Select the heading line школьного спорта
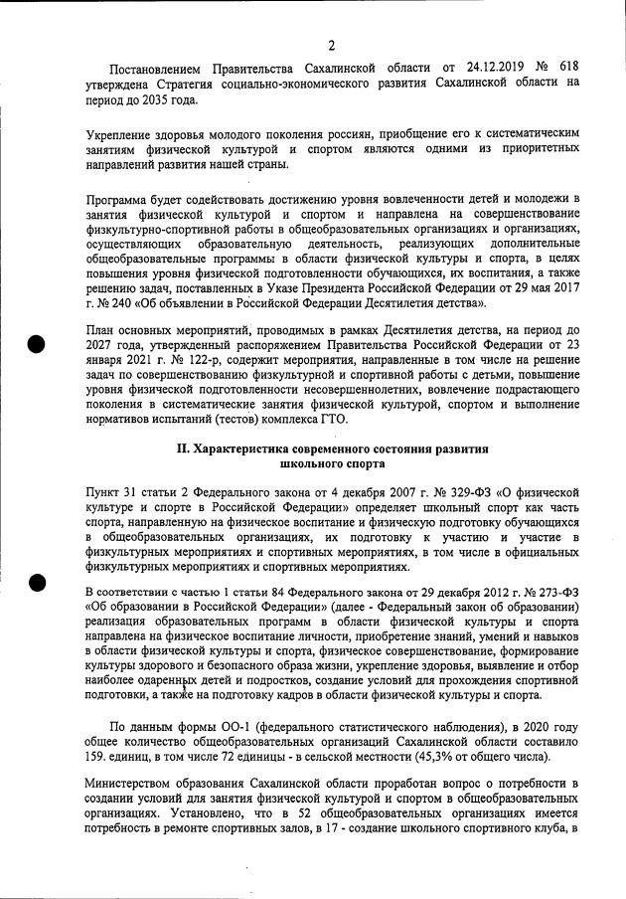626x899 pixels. [x=331, y=464]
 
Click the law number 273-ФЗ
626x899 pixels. [x=553, y=595]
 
